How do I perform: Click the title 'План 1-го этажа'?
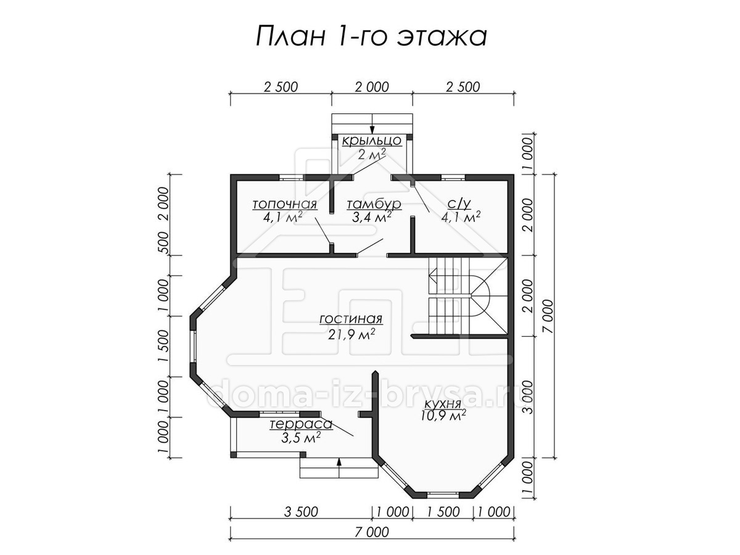click(371, 36)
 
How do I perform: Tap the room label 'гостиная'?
click(351, 318)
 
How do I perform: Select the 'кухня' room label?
click(443, 404)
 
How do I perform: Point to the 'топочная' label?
click(284, 204)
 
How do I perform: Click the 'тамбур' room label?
click(374, 204)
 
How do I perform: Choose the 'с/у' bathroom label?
click(459, 203)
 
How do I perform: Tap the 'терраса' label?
click(301, 424)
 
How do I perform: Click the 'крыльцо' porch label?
click(372, 141)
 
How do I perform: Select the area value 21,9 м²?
click(351, 334)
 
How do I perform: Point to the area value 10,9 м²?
click(443, 416)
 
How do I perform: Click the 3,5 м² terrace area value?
click(300, 438)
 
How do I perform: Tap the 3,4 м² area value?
click(372, 217)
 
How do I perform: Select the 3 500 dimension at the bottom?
click(301, 512)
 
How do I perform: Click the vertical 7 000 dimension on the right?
click(548, 316)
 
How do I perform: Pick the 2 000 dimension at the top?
click(372, 87)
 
